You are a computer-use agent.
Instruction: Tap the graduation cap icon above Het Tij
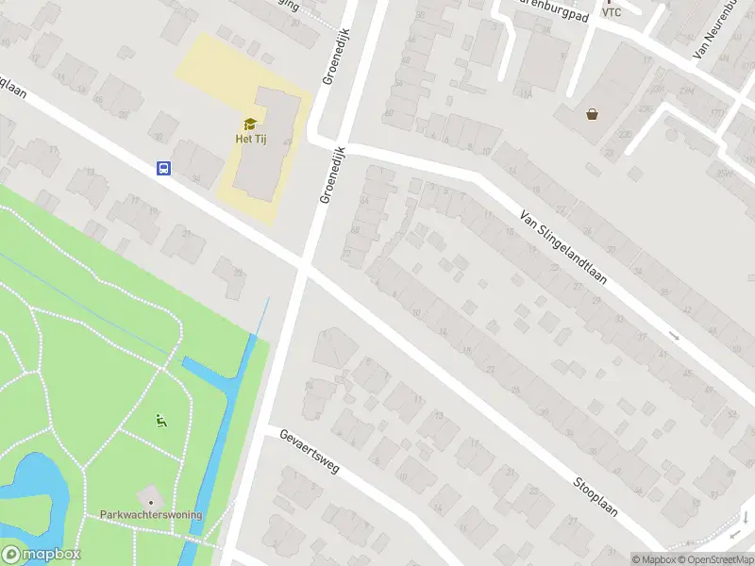(x=250, y=124)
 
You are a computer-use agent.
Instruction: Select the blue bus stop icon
(x=163, y=169)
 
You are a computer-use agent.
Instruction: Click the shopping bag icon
(x=592, y=114)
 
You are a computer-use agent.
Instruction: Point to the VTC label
(x=612, y=12)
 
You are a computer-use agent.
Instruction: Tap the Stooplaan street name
(x=595, y=495)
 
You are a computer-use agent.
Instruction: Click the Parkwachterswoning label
(x=151, y=515)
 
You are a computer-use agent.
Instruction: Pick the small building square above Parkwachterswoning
(x=148, y=495)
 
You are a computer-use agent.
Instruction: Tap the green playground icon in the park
(x=160, y=420)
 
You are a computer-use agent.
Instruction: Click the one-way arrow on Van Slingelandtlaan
(x=674, y=336)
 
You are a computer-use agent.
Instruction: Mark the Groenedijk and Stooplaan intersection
(x=302, y=267)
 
